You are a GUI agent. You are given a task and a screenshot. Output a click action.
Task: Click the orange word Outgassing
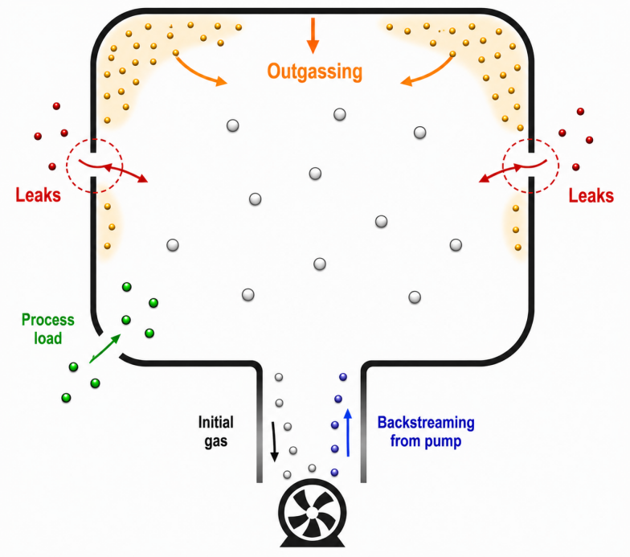click(x=315, y=72)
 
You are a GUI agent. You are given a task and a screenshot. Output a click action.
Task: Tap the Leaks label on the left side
click(x=39, y=195)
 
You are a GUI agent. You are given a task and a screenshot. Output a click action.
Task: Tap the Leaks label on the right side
click(x=591, y=196)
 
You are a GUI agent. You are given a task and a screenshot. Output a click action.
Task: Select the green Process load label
click(x=48, y=329)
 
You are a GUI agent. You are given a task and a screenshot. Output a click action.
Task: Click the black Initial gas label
click(x=215, y=432)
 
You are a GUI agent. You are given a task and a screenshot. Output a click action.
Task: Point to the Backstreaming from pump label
click(x=426, y=432)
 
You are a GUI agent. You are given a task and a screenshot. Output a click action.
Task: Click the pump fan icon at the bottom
click(x=312, y=513)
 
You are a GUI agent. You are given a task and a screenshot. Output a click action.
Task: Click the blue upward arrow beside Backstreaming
click(x=348, y=432)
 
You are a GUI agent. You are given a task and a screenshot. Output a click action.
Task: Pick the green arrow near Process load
click(x=104, y=348)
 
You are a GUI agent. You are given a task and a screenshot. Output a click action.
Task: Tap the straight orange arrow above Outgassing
click(x=313, y=35)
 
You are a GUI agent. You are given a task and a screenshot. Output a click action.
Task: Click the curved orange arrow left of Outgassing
click(x=197, y=73)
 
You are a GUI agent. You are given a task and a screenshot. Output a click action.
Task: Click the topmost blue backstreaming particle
click(x=342, y=376)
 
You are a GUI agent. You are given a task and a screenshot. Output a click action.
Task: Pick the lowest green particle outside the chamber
click(x=66, y=398)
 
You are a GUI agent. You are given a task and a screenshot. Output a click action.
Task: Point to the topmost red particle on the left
click(x=56, y=106)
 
